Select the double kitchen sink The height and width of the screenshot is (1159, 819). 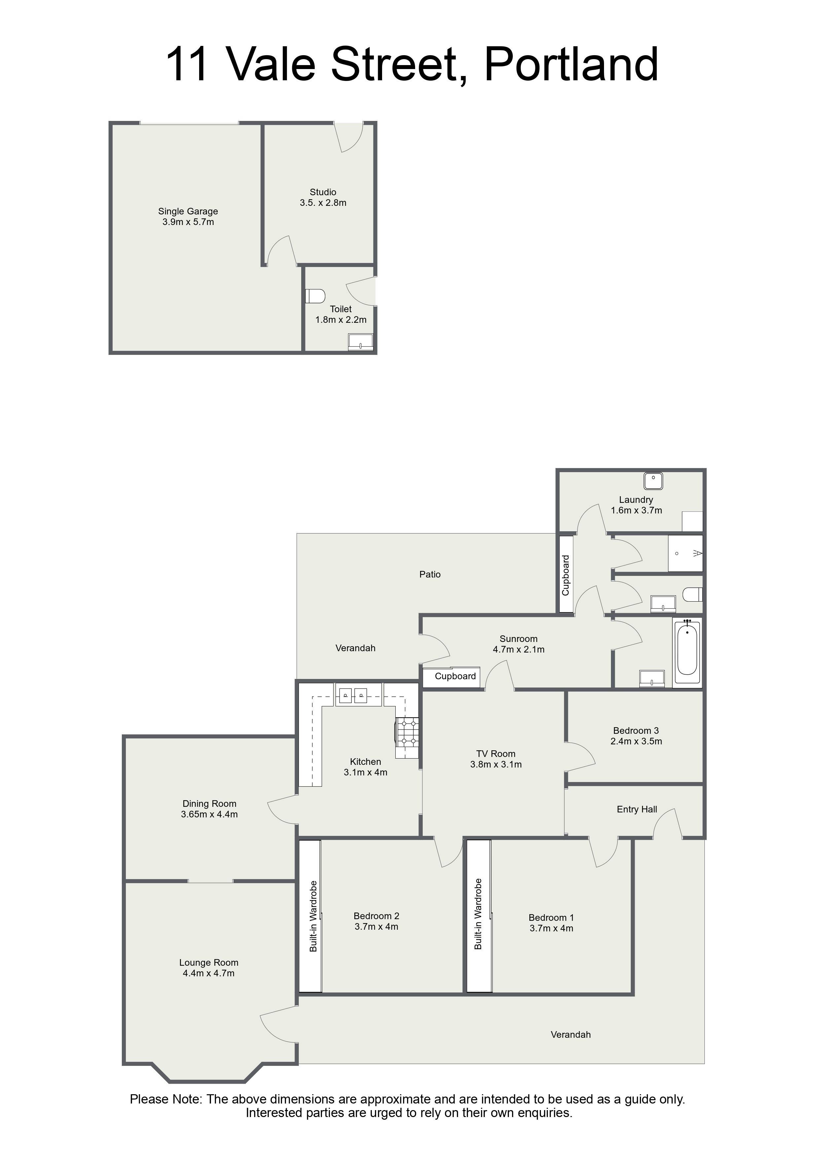(x=352, y=695)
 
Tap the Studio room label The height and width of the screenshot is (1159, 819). (x=323, y=192)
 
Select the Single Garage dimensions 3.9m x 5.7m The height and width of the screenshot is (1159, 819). (x=188, y=222)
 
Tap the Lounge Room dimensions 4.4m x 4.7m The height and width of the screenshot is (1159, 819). (x=208, y=973)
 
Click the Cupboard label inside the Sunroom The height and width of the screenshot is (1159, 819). (x=455, y=676)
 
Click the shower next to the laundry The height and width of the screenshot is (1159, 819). (x=685, y=553)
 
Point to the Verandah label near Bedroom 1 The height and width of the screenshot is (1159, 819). (x=571, y=1034)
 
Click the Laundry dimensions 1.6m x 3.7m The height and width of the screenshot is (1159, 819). (x=636, y=510)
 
